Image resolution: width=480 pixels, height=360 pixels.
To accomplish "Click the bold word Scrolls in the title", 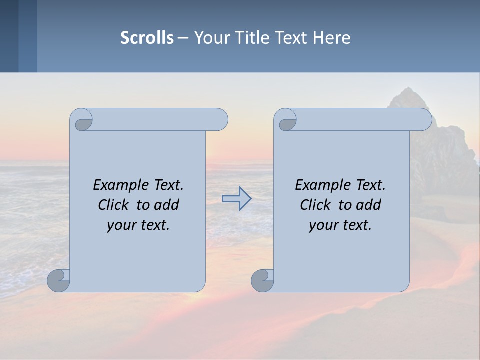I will tap(147, 38).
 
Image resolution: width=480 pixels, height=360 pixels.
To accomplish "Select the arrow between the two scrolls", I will tap(236, 199).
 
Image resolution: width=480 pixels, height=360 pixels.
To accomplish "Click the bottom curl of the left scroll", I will tap(58, 280).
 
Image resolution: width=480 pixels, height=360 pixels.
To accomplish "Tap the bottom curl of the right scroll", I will tap(262, 280).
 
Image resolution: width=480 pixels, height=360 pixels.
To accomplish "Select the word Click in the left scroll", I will tap(114, 205).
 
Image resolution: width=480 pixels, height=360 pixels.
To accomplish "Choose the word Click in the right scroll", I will tap(315, 205).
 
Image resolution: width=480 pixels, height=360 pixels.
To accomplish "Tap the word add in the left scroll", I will tap(166, 205).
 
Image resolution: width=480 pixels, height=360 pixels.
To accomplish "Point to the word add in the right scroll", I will tap(368, 205).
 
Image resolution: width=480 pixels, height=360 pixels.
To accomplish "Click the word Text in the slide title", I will tap(291, 38).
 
